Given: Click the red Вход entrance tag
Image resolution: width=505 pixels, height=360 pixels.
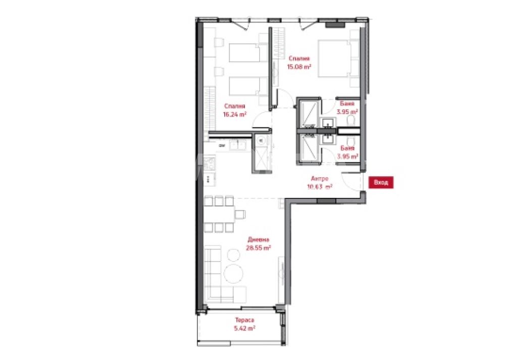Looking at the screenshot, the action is pos(381,183).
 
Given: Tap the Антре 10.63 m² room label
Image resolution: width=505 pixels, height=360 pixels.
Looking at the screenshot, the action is pos(320,183).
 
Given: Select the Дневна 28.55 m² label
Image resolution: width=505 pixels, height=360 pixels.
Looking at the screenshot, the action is pos(258,244).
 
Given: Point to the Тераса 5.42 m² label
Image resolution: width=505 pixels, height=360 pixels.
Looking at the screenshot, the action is pos(244,324).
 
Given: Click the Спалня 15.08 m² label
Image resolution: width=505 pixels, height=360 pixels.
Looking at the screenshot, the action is pos(299,63).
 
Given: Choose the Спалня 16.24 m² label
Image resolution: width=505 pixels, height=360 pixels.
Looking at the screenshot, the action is pos(235,110).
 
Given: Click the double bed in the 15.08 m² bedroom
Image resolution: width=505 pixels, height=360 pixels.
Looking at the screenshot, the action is pos(334,59).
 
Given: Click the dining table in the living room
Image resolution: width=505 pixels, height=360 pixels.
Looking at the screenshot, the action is pos(219,214).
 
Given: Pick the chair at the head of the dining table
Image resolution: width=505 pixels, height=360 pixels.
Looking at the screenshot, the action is pos(240,214).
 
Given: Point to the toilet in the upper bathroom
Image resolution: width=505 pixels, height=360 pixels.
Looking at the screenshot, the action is pos(351,121).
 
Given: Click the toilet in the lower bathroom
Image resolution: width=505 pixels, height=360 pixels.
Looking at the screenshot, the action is pos(351,142).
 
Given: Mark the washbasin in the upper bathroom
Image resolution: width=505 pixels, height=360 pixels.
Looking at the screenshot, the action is pos(328,122).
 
